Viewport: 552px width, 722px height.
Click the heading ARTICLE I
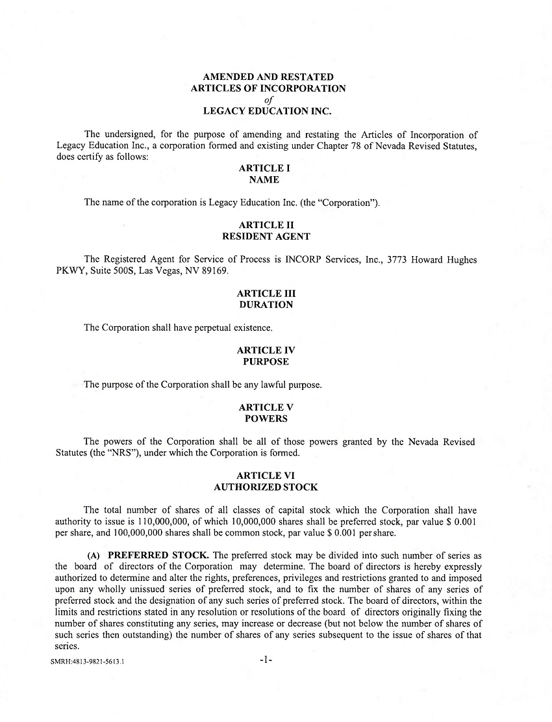click(x=264, y=168)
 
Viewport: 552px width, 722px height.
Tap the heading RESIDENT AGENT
click(x=266, y=237)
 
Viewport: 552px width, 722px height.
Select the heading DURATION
click(x=266, y=305)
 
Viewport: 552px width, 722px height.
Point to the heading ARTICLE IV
click(x=266, y=350)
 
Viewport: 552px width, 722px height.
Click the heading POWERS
click(x=266, y=419)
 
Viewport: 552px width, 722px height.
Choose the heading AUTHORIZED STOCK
click(x=266, y=487)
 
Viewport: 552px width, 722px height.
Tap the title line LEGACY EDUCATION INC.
click(x=268, y=111)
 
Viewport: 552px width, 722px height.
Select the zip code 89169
click(x=214, y=271)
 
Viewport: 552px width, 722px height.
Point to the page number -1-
click(x=265, y=660)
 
